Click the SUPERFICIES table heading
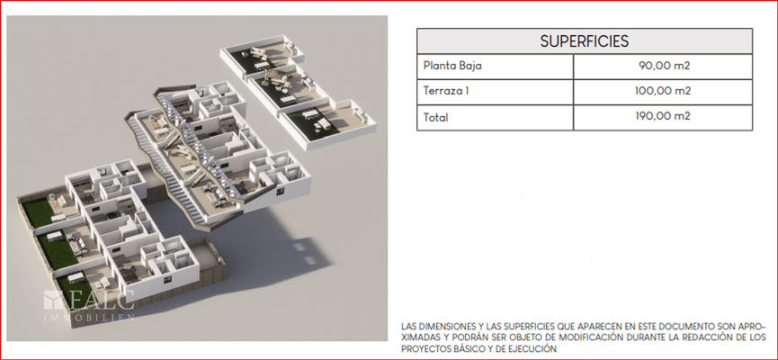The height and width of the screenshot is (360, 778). pos(584,41)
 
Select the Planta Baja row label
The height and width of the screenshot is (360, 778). pos(452,66)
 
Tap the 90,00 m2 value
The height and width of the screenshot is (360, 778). pos(665,66)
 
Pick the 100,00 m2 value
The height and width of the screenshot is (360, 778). pos(663,92)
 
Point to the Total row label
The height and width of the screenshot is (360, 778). pos(435,118)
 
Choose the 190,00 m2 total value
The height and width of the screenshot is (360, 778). pos(663,117)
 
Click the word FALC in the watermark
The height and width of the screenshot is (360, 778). pos(102,300)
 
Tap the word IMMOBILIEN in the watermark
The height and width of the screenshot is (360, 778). pos(89,318)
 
